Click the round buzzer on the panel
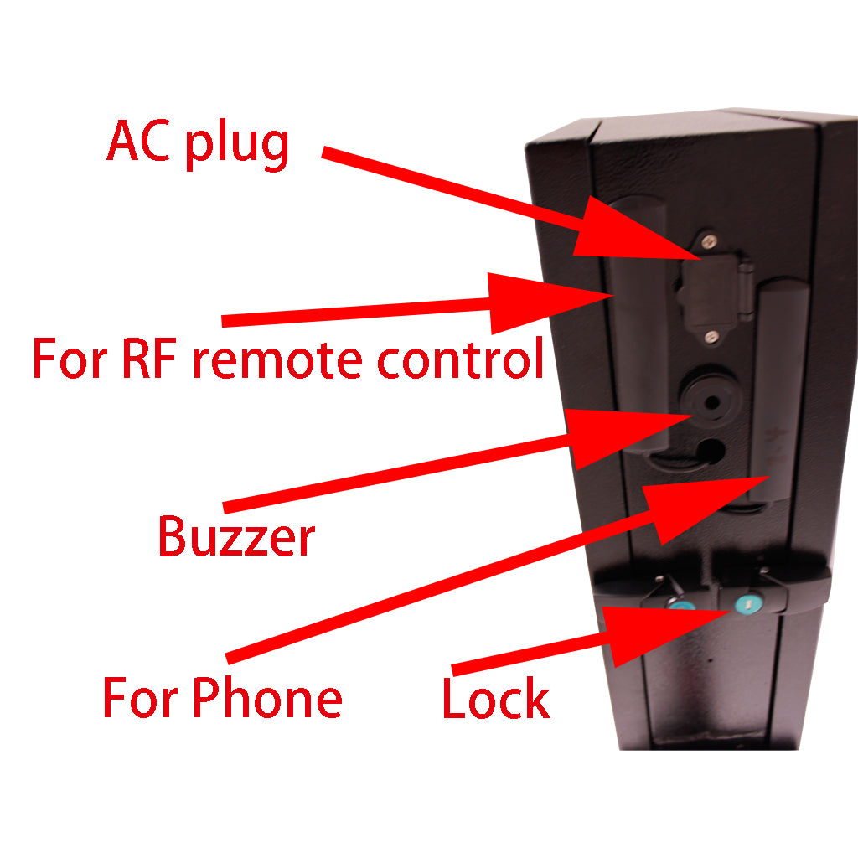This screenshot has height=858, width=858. point(705,402)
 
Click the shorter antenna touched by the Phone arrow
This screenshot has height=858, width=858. point(779,394)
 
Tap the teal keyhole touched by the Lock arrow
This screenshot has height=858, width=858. point(744,605)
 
